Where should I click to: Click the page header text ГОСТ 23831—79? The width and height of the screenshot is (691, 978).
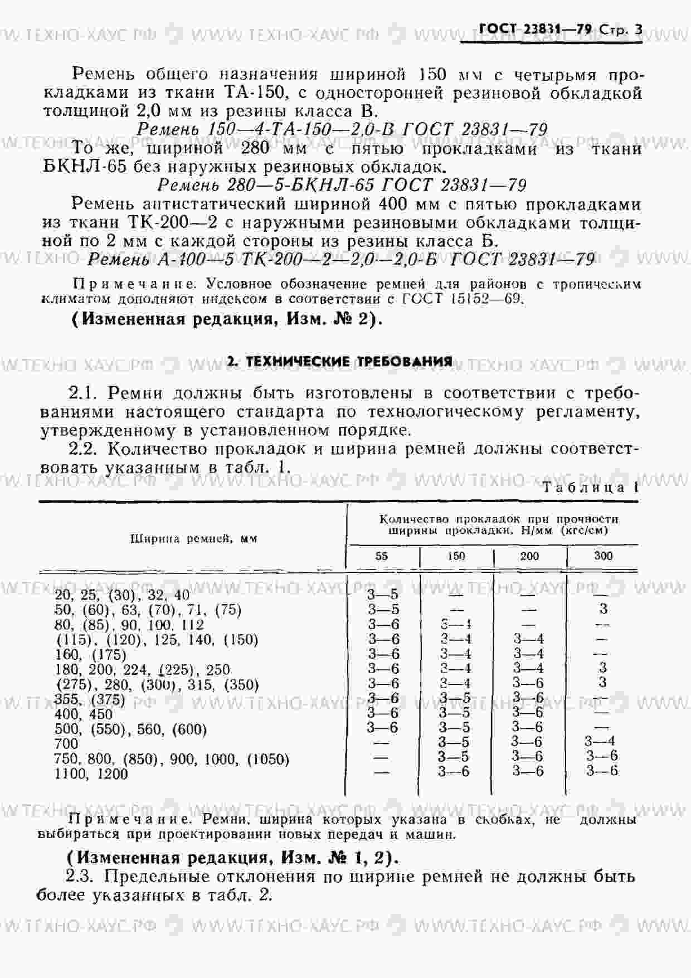[x=535, y=29]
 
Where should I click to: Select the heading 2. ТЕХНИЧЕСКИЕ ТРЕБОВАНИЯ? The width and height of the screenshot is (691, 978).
[x=340, y=362]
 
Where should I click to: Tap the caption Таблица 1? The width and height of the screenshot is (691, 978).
[x=590, y=488]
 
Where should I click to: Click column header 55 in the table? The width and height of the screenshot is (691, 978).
[x=382, y=556]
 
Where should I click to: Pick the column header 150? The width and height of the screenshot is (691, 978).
[x=456, y=556]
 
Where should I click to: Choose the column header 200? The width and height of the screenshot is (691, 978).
[x=529, y=556]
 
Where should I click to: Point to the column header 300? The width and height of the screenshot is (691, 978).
[x=603, y=556]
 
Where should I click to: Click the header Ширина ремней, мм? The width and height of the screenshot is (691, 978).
[x=193, y=538]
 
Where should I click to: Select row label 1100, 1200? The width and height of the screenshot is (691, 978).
[x=91, y=773]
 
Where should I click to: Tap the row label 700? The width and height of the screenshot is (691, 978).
[x=66, y=743]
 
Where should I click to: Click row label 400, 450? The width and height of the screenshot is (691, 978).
[x=84, y=714]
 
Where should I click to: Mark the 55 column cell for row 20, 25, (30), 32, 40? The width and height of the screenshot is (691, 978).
[x=383, y=595]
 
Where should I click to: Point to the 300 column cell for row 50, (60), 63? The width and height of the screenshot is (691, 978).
[x=602, y=609]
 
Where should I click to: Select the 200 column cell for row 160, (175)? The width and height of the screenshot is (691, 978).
[x=528, y=654]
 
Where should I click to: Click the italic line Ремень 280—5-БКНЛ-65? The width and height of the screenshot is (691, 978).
[x=342, y=184]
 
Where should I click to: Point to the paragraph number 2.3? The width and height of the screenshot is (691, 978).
[x=82, y=876]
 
